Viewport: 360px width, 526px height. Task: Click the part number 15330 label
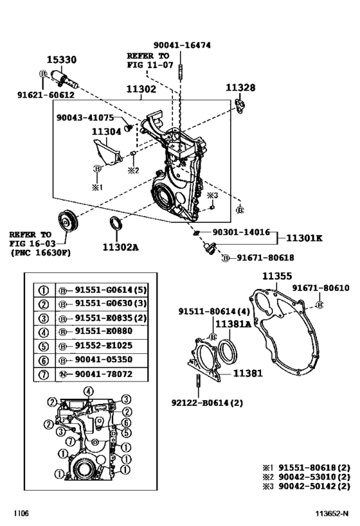point(64,60)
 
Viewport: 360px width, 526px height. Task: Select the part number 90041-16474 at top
point(182,45)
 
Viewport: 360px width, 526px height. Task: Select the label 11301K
point(303,238)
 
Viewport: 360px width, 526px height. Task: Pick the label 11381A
point(233,324)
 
